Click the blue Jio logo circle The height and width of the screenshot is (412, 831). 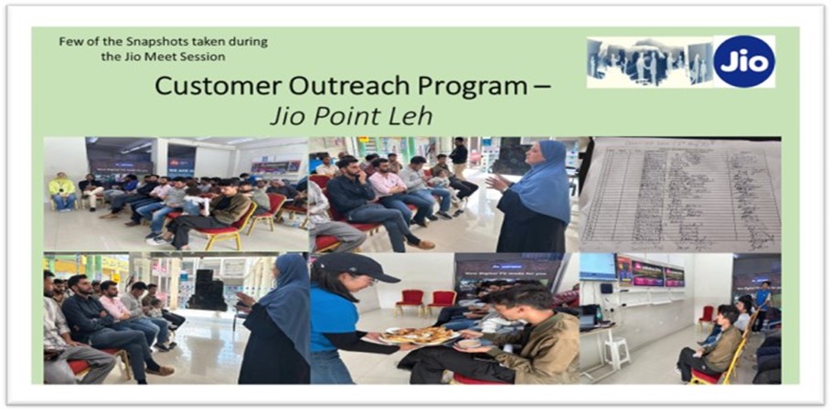click(744, 61)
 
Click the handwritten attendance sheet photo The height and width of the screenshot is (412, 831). click(681, 194)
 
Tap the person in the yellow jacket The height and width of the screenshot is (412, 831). click(63, 190)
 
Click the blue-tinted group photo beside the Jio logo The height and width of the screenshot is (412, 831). click(649, 62)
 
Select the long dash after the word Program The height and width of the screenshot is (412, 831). click(541, 87)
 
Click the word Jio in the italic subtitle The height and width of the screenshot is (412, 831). click(286, 117)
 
